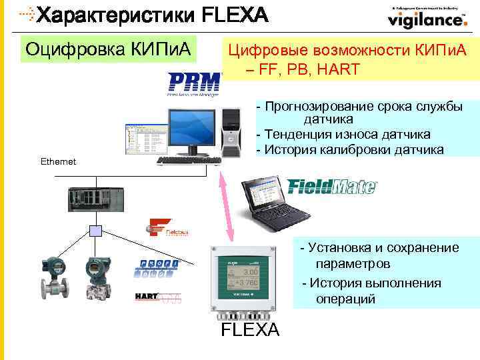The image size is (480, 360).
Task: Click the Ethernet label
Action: click(58, 162)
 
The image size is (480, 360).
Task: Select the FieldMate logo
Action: click(332, 185)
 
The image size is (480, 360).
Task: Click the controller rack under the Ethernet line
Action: click(95, 199)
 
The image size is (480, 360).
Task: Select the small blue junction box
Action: click(95, 231)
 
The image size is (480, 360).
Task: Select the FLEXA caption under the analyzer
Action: click(250, 331)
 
